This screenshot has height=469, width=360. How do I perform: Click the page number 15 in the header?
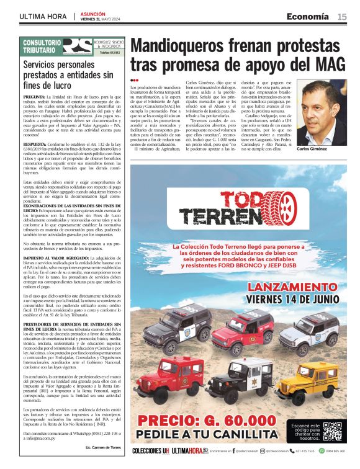point(342,17)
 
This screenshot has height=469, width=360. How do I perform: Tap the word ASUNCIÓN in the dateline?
point(92,14)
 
